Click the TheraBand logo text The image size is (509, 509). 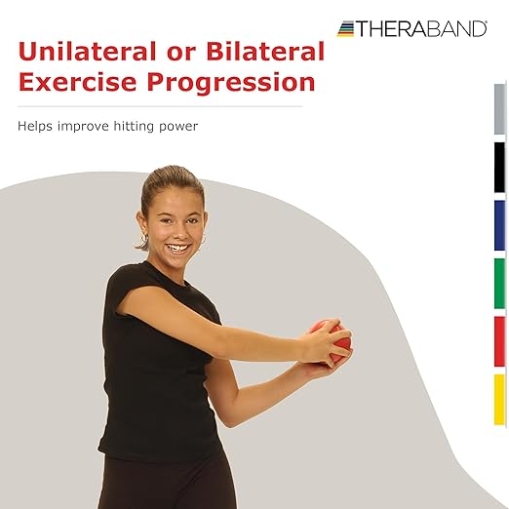coord(420,29)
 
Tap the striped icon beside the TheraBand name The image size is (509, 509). coord(345,29)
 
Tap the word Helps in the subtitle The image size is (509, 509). coord(34,126)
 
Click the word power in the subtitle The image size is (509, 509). coord(176,126)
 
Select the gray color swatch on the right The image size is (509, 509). coord(499,108)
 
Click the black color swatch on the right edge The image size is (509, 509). coord(499,167)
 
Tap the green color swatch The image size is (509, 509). coord(499,283)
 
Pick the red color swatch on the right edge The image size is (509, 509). coord(499,341)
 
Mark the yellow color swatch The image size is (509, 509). coord(499,399)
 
